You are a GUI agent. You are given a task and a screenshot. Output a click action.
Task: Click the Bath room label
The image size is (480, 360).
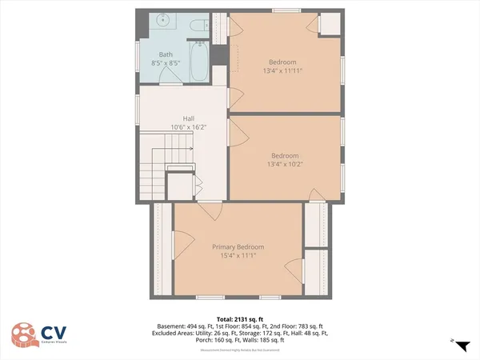tap(166, 54)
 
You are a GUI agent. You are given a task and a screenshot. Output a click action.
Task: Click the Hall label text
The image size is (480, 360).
tap(189, 119)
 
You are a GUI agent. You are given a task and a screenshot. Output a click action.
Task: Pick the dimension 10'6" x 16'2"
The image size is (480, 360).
tap(189, 127)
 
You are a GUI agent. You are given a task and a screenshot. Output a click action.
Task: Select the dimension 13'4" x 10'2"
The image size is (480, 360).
tap(284, 164)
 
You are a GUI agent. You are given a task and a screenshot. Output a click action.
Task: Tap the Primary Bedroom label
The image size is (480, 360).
tap(238, 247)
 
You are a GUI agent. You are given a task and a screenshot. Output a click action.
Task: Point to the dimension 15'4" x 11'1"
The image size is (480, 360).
tap(238, 255)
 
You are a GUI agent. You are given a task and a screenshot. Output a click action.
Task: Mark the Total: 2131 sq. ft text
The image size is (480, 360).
tap(240, 320)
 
